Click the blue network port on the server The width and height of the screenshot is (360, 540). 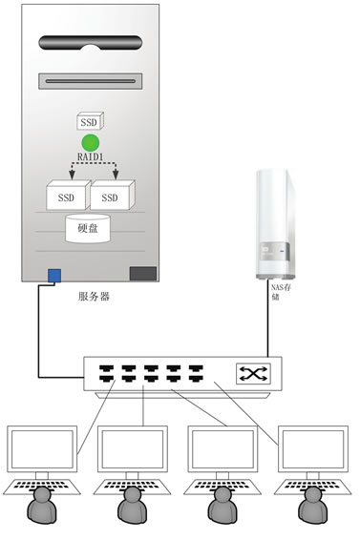click(x=54, y=275)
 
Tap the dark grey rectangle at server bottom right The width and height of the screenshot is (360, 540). click(x=142, y=273)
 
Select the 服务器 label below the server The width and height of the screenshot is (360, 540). click(x=94, y=297)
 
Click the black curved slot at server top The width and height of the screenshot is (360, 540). click(x=91, y=43)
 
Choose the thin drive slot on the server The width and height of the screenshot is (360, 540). click(x=91, y=81)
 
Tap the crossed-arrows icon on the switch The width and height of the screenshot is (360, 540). click(x=253, y=374)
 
